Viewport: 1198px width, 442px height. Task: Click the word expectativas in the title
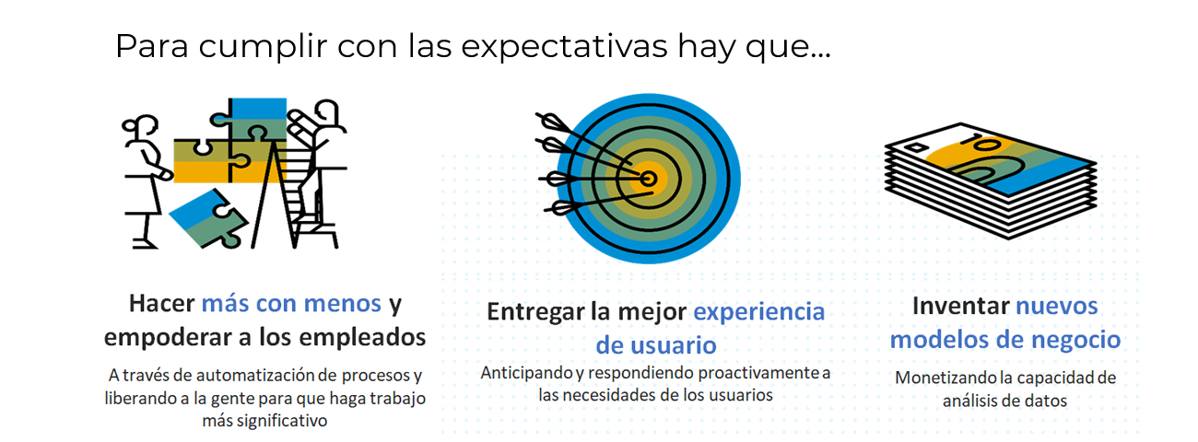pyautogui.click(x=564, y=47)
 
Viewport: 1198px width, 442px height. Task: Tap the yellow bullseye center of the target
pyautogui.click(x=648, y=179)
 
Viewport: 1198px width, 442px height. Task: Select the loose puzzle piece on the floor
pyautogui.click(x=208, y=218)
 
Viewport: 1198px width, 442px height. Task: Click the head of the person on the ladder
pyautogui.click(x=327, y=112)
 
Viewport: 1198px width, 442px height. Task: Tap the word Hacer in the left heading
pyautogui.click(x=161, y=304)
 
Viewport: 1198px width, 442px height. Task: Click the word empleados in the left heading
pyautogui.click(x=362, y=337)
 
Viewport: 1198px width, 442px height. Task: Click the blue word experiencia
pyautogui.click(x=759, y=312)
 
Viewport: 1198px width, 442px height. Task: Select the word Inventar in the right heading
pyautogui.click(x=960, y=306)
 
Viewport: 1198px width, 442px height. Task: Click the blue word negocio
pyautogui.click(x=1075, y=341)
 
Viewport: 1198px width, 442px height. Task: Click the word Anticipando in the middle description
pyautogui.click(x=527, y=373)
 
